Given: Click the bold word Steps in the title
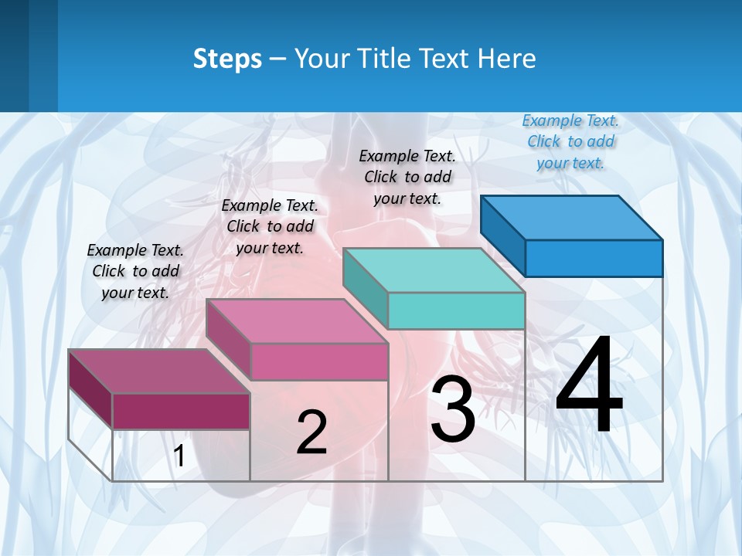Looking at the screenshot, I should tap(227, 59).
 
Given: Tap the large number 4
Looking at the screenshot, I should tap(589, 386).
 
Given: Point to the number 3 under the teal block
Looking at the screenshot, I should tap(453, 410).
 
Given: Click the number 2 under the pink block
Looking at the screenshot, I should tap(311, 432).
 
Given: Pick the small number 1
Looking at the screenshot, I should tap(179, 456).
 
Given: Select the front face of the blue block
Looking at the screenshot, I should tap(594, 258).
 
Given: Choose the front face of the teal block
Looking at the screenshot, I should tap(456, 310).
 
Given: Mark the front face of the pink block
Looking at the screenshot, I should tap(319, 361).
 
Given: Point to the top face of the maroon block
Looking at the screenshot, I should tap(159, 371).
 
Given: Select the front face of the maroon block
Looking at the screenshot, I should tap(181, 411).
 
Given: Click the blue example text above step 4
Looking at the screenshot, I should tap(570, 141).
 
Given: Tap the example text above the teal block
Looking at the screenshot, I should tap(407, 177).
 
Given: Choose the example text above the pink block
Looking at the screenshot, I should tap(270, 226).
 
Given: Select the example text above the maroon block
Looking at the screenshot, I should tap(135, 271).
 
